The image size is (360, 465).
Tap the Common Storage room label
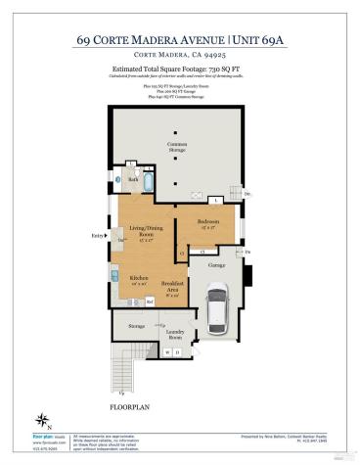point(177,147)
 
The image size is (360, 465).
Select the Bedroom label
point(206,223)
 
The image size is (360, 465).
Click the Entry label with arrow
point(98,236)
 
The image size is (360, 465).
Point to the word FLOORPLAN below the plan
point(124,403)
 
